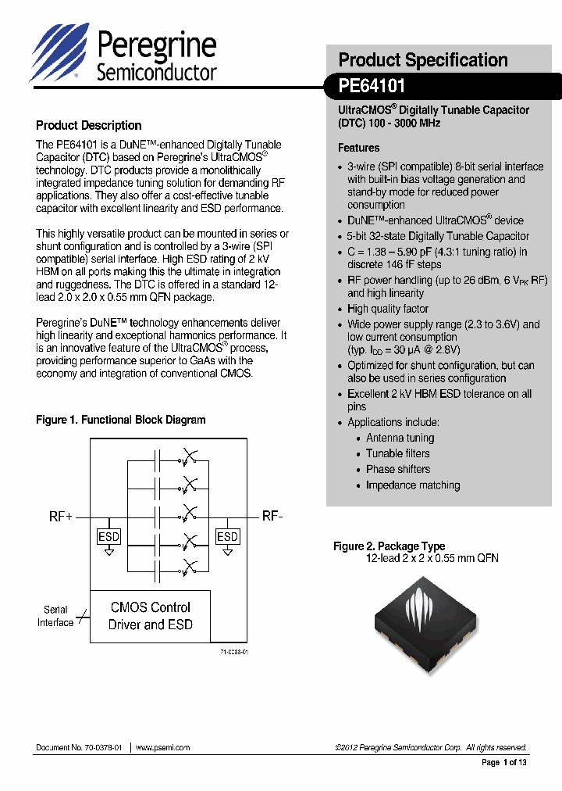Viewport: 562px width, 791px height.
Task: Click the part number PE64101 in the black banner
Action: click(372, 86)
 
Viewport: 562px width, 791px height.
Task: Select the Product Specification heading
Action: click(422, 60)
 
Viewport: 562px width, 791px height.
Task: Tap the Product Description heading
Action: click(89, 125)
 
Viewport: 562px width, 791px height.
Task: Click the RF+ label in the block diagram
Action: click(61, 517)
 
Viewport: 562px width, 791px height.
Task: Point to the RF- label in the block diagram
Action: click(272, 516)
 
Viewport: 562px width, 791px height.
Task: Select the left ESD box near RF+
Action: click(108, 536)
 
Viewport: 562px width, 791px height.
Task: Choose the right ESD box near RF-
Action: click(227, 536)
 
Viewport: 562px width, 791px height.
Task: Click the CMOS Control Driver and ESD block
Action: click(150, 616)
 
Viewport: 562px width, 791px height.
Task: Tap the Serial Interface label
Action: click(55, 616)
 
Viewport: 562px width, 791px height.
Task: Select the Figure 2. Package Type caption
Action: click(389, 546)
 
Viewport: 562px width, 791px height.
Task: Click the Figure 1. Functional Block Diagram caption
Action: click(121, 420)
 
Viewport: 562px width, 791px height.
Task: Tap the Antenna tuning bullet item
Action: click(400, 438)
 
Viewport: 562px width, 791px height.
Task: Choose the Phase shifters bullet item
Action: click(398, 469)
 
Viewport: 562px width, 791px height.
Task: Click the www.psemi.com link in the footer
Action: click(162, 747)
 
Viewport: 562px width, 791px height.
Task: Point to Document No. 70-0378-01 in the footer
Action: click(79, 747)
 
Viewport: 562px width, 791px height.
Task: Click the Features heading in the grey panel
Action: click(358, 148)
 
